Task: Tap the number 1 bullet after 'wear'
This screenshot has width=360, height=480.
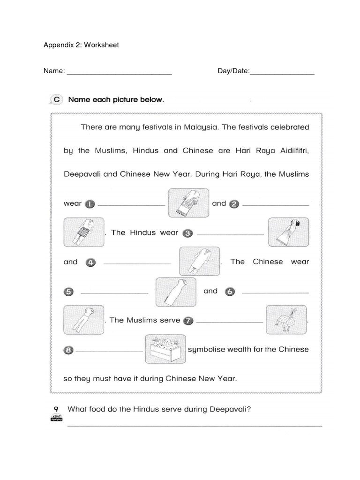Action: [x=90, y=204]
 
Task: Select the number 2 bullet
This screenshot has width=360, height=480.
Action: [x=234, y=204]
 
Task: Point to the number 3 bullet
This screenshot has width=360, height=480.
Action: [x=188, y=233]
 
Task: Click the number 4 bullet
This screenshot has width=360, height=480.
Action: [x=91, y=262]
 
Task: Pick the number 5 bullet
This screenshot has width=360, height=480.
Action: [x=68, y=292]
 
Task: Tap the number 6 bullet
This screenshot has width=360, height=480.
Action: [x=229, y=292]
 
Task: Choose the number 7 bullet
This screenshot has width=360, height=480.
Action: [x=188, y=321]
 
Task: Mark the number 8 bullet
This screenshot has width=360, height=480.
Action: [x=68, y=350]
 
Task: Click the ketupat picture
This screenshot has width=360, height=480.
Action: [x=286, y=320]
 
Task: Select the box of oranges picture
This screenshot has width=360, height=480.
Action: [x=165, y=349]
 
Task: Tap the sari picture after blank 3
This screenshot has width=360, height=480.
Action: [x=288, y=232]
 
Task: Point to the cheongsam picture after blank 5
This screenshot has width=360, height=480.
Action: [x=175, y=291]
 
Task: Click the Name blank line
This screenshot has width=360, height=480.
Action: [x=120, y=72]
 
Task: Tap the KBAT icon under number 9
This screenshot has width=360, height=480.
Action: [x=56, y=419]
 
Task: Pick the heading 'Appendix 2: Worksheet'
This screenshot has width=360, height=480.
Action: [x=81, y=45]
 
